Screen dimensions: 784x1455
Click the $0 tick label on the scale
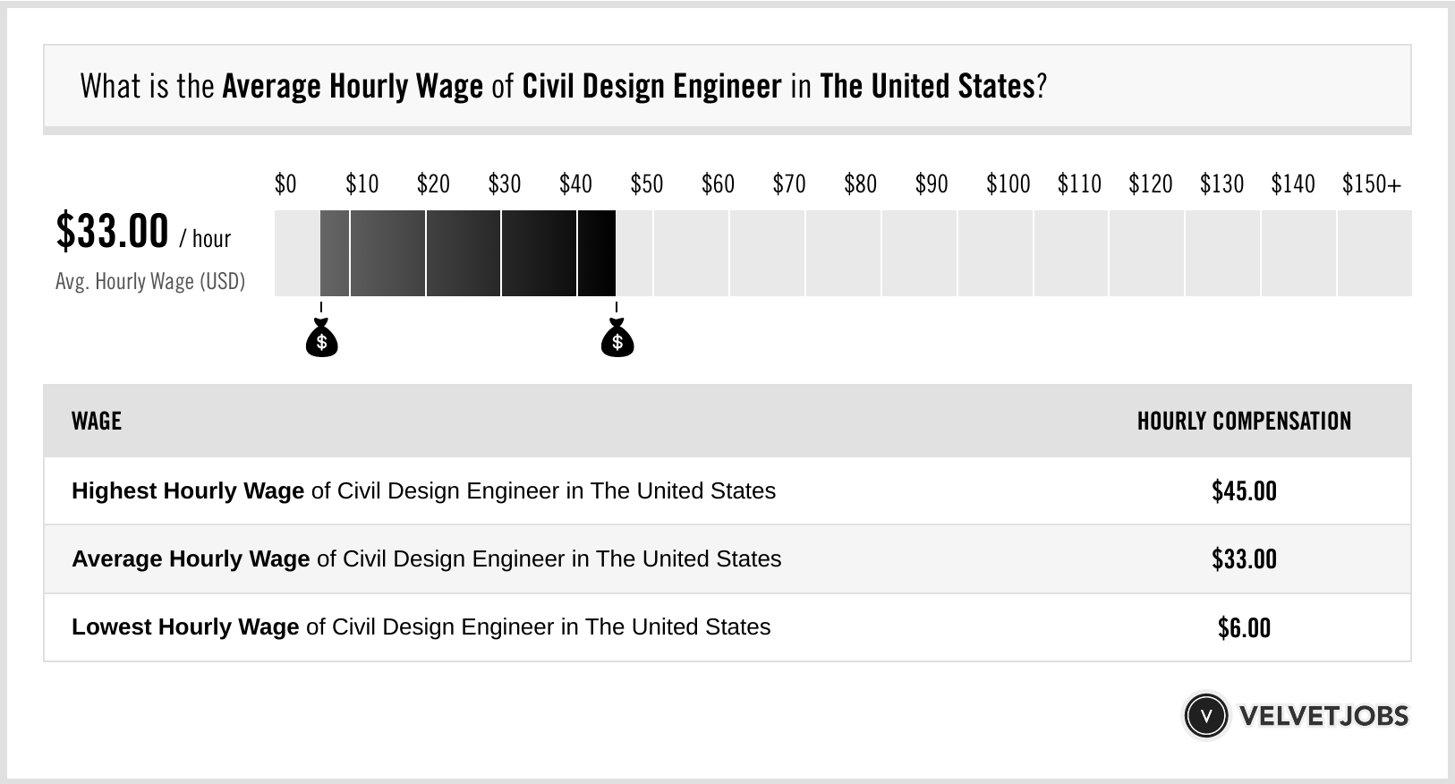(x=285, y=184)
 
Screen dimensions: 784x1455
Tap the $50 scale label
(x=647, y=184)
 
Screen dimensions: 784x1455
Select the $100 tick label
(x=1008, y=184)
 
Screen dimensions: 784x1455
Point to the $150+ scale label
(x=1371, y=184)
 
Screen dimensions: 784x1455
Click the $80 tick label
(x=860, y=184)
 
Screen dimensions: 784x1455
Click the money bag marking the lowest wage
(x=322, y=340)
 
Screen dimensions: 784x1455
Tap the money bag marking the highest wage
(x=617, y=340)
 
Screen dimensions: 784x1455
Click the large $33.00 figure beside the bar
(x=112, y=231)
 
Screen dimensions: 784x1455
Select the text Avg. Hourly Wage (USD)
(x=150, y=282)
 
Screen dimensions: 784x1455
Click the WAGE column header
(x=97, y=422)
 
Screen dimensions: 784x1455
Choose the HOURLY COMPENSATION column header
(x=1244, y=422)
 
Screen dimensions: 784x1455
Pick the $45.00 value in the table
(x=1244, y=491)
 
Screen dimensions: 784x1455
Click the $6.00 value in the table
(x=1244, y=627)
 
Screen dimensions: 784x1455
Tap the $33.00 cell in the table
(x=1244, y=559)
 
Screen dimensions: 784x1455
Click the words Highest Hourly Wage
(x=188, y=491)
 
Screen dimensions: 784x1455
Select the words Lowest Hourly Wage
(x=185, y=627)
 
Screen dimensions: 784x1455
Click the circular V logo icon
(x=1206, y=716)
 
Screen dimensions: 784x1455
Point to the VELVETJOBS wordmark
(x=1323, y=716)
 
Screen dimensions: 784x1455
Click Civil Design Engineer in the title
(x=651, y=87)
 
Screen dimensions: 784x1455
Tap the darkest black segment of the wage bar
(x=597, y=253)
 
